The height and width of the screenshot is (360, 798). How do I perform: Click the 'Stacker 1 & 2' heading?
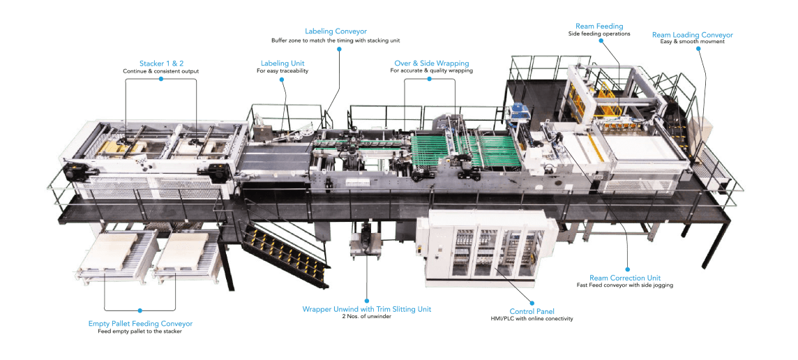(161, 63)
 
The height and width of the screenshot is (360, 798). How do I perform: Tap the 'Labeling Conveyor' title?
(336, 31)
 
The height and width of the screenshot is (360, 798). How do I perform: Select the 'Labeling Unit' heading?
(283, 63)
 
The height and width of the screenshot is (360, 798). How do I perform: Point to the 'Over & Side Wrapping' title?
(432, 63)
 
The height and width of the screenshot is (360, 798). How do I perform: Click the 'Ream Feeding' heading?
(599, 26)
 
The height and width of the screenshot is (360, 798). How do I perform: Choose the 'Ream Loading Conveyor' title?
(692, 35)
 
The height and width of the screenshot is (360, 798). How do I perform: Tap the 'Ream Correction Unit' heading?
(625, 278)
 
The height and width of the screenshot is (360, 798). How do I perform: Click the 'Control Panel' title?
(532, 311)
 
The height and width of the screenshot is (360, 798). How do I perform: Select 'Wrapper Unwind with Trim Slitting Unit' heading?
(366, 309)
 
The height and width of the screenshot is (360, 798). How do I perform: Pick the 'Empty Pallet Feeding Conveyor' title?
(140, 323)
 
